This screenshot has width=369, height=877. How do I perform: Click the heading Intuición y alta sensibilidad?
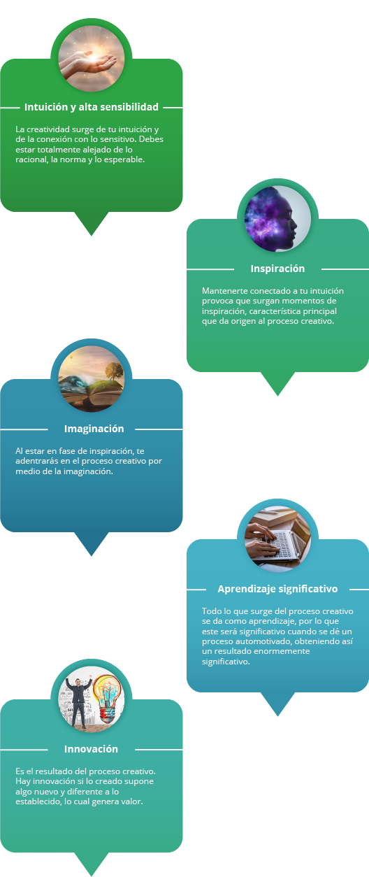(91, 107)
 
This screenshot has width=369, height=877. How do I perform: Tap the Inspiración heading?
(277, 269)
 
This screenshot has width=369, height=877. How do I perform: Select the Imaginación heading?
(94, 429)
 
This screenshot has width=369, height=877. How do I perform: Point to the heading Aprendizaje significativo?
(277, 589)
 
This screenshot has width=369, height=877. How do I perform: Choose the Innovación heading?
(91, 749)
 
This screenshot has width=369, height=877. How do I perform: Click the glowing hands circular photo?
(91, 59)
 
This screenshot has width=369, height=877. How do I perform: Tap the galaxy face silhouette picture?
(277, 219)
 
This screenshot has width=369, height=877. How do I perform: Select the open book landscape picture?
(91, 379)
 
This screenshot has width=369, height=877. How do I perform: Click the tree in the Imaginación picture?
(114, 371)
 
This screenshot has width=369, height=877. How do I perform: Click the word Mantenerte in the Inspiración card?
(224, 291)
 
